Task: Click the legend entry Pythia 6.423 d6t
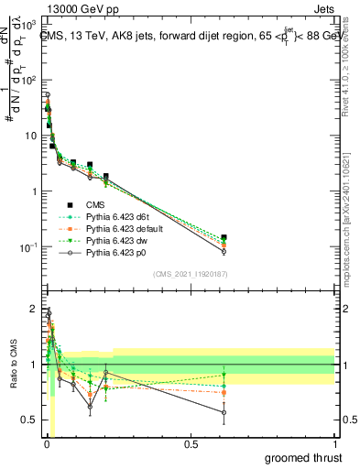tap(117, 216)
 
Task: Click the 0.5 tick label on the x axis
tap(191, 443)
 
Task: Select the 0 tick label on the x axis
tap(46, 443)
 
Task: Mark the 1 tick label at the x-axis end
tap(334, 443)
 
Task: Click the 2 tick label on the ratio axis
tap(32, 308)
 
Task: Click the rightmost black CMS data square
tap(224, 237)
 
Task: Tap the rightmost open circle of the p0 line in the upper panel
tap(224, 251)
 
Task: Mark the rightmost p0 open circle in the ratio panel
tap(224, 412)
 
